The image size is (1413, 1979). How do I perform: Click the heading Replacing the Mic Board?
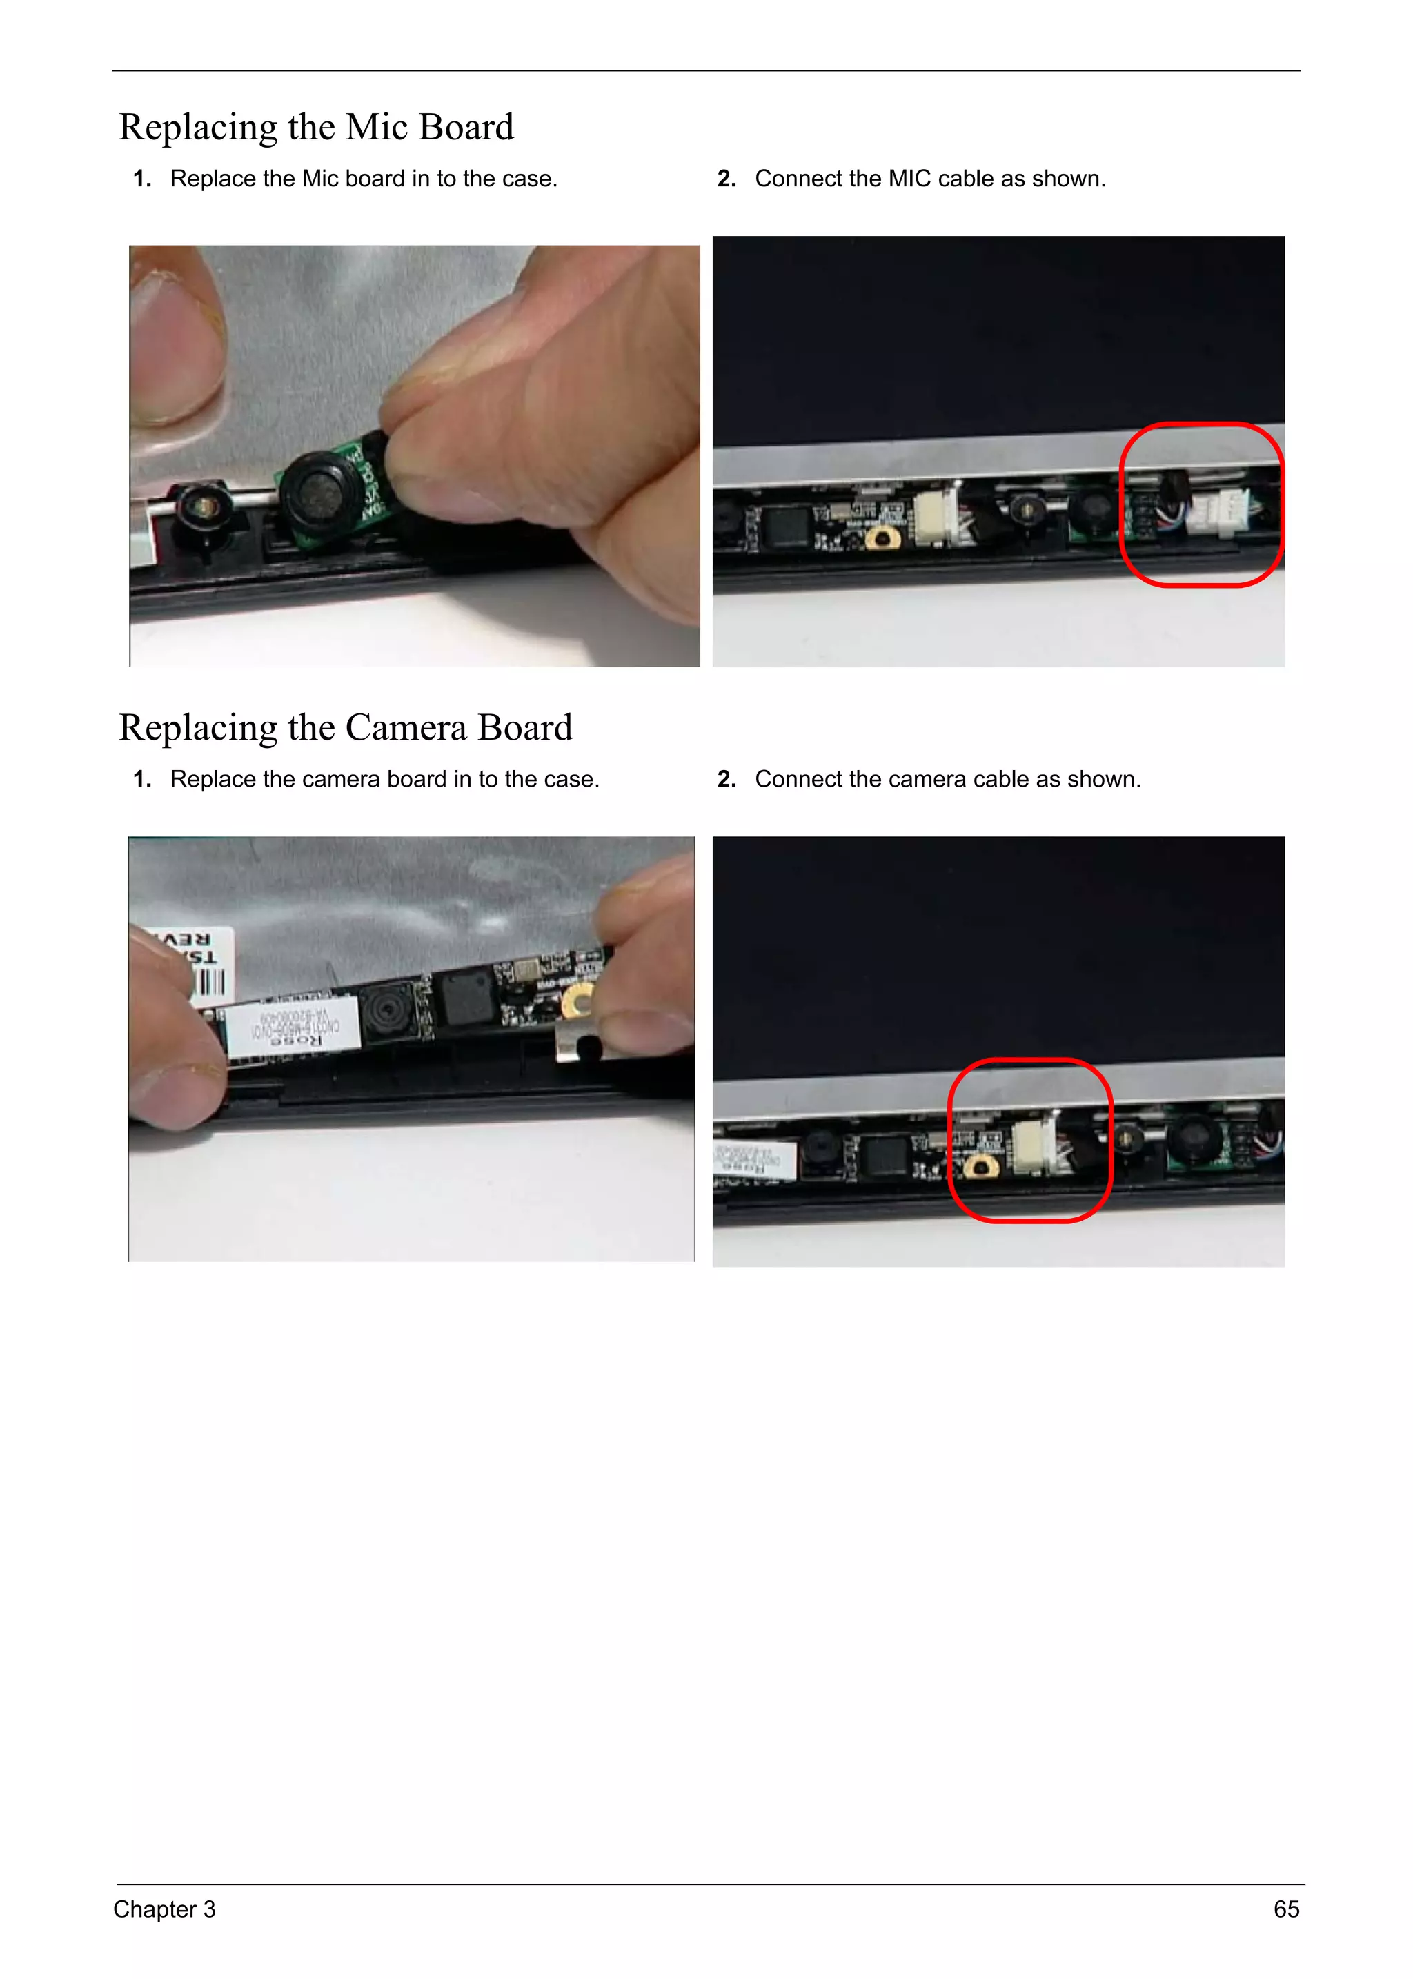click(x=316, y=127)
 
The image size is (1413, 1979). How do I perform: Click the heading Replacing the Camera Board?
click(x=346, y=727)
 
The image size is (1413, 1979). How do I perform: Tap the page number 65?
click(x=1286, y=1909)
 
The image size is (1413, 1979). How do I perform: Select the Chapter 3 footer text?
click(x=164, y=1909)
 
